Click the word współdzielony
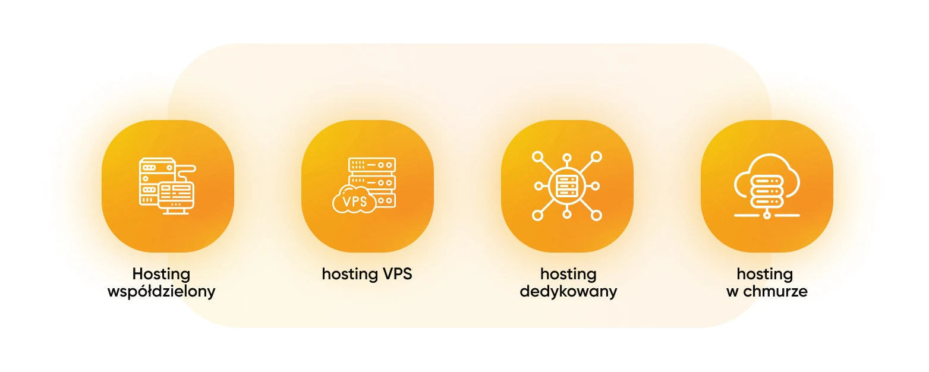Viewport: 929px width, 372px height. point(161,292)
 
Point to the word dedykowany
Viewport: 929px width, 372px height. point(568,292)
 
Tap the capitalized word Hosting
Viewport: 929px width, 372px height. point(161,274)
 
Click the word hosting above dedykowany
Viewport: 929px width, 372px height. point(568,274)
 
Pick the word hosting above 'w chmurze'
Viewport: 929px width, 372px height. point(764,274)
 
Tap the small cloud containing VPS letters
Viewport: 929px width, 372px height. point(354,200)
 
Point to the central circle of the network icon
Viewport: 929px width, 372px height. point(567,185)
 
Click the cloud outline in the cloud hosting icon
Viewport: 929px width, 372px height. point(767,163)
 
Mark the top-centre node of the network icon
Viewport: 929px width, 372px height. point(567,158)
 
